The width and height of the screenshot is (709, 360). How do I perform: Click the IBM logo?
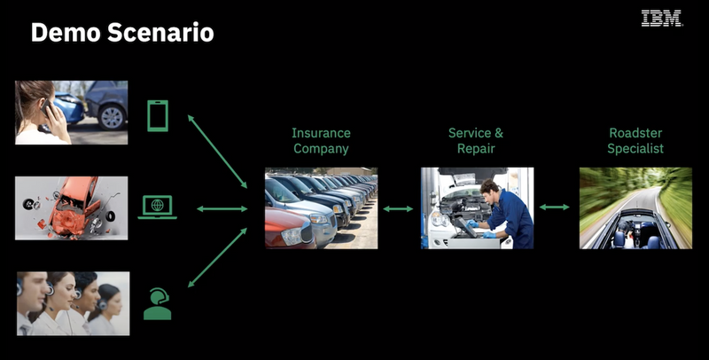[661, 19]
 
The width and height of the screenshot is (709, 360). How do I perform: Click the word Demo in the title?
[64, 33]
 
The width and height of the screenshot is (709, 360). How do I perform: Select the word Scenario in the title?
[160, 33]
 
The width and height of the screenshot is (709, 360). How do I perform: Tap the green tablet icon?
[158, 116]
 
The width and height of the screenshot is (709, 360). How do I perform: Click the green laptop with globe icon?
[158, 207]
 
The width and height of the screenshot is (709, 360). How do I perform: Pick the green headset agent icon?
[158, 303]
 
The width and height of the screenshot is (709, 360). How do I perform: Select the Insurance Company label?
[321, 141]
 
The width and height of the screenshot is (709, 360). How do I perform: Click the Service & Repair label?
[476, 141]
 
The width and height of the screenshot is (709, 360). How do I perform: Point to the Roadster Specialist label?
[635, 141]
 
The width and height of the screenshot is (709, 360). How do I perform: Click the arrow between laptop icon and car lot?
[222, 209]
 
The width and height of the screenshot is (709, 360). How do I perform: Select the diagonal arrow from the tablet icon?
[217, 152]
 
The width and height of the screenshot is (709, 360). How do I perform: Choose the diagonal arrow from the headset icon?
[217, 257]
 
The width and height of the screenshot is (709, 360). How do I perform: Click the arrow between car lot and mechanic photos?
[398, 209]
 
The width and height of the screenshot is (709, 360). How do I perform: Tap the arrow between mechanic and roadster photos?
[555, 207]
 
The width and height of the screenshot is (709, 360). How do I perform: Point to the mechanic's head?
[489, 188]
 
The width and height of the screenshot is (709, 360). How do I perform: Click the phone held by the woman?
[46, 108]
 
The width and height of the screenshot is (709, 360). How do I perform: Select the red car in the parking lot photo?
[290, 228]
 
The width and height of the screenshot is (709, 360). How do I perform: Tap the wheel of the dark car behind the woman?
[112, 117]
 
